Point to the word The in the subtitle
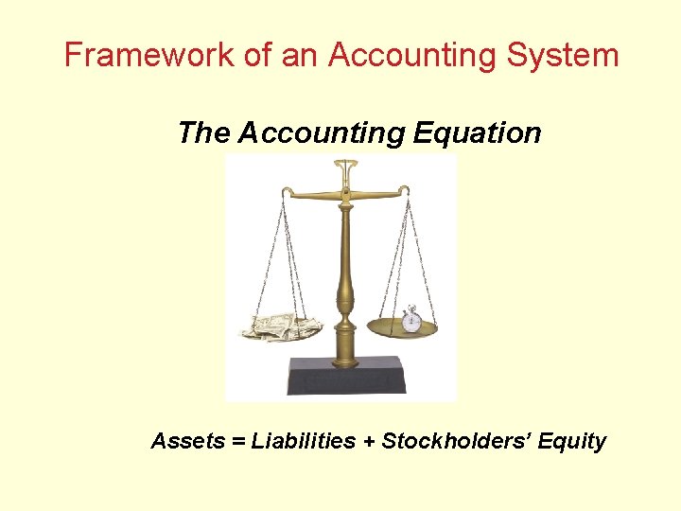pos(203,133)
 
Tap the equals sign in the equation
pos(237,442)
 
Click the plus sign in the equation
pos(369,442)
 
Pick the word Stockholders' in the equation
pos(453,441)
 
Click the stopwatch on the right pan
pos(411,319)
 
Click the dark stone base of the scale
pos(347,376)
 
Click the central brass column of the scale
pos(345,274)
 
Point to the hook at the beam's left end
pos(283,194)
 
